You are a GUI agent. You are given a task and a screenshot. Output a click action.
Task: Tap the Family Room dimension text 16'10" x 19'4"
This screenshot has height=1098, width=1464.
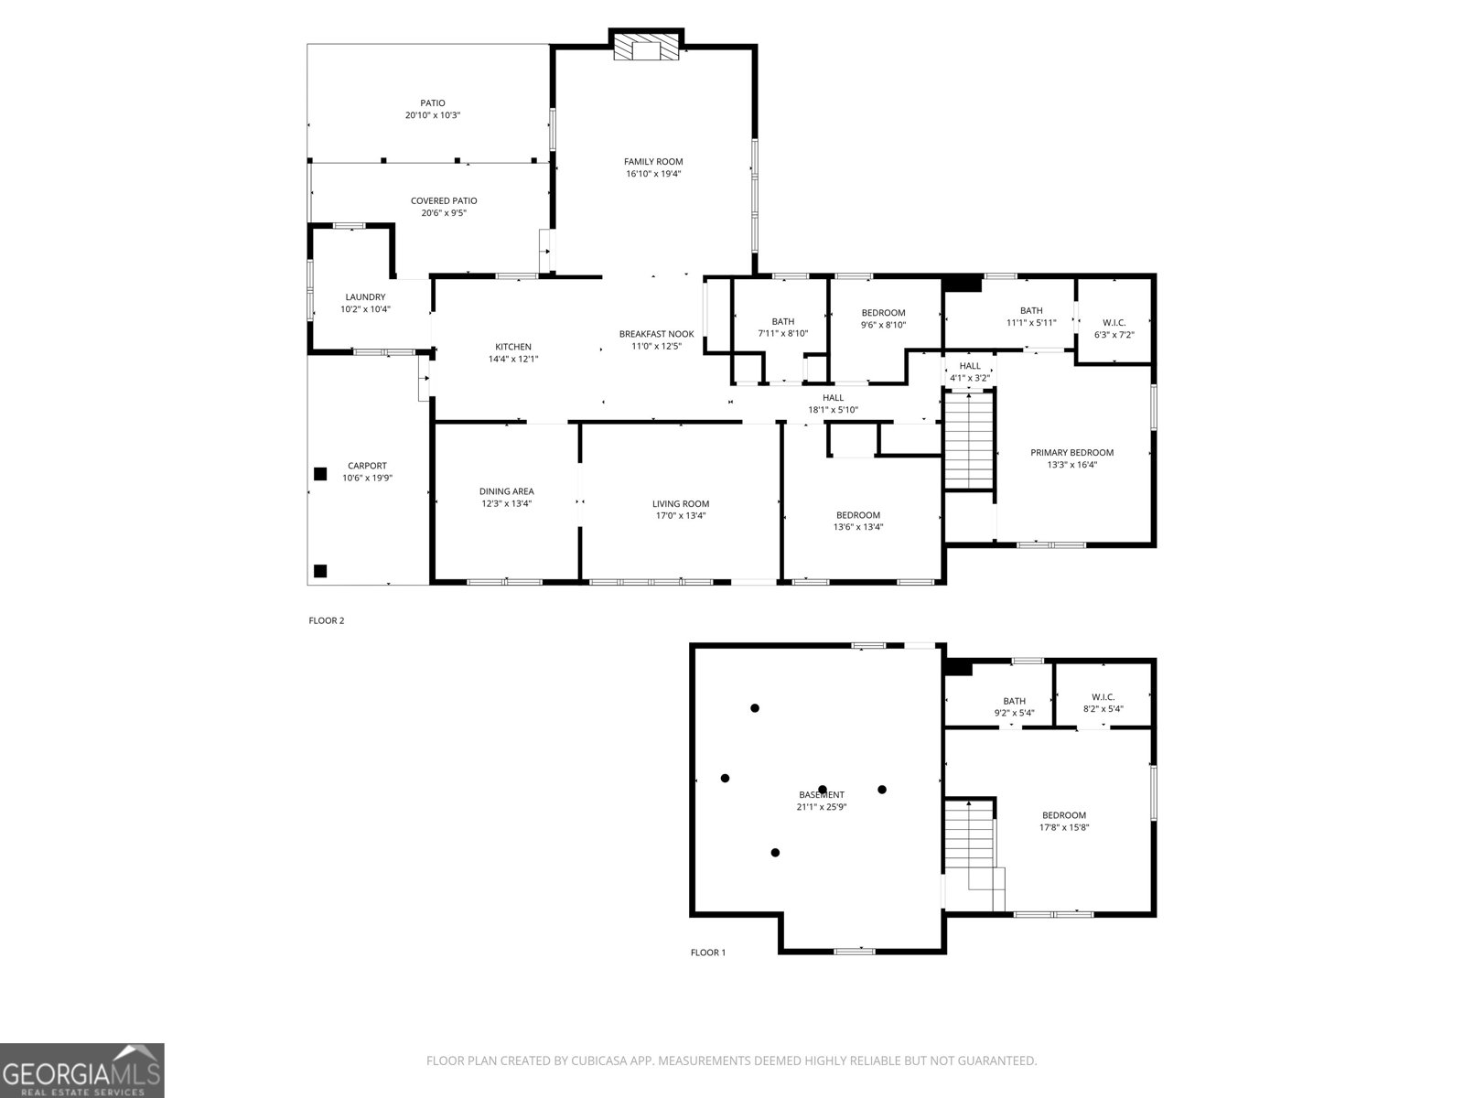[653, 174]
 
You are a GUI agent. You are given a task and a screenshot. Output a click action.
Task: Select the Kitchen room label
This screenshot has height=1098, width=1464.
[513, 347]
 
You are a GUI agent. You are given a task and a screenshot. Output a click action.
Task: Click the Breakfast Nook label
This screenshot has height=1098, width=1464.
[656, 334]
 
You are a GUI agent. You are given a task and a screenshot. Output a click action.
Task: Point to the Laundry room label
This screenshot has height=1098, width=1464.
[365, 296]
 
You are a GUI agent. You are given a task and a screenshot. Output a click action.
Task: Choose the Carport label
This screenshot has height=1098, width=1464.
[367, 466]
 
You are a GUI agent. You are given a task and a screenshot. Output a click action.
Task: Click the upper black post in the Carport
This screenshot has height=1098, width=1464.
[320, 474]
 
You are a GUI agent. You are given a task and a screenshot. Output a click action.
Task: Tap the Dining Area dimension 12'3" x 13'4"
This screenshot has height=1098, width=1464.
[506, 503]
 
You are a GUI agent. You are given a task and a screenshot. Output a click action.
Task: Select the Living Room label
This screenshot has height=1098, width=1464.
[681, 503]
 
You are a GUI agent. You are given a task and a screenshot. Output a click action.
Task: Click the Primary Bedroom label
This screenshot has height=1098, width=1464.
[1071, 452]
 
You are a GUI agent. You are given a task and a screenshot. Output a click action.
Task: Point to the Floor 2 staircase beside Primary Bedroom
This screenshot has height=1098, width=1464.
[969, 439]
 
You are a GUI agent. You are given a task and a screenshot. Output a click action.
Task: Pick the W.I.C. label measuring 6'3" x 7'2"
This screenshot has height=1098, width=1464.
[1114, 322]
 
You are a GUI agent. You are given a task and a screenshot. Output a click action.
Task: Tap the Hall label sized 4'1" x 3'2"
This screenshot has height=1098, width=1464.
[970, 366]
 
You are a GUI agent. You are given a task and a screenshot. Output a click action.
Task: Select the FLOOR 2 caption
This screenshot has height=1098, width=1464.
[326, 620]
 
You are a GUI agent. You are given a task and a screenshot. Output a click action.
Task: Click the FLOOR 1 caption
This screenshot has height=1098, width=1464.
[707, 953]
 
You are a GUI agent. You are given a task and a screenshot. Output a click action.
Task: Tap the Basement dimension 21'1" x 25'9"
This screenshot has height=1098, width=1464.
[821, 807]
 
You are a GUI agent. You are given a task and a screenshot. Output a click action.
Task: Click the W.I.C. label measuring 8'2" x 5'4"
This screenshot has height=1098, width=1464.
[1103, 696]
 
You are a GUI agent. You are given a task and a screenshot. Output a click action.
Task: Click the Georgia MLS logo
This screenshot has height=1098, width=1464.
[82, 1071]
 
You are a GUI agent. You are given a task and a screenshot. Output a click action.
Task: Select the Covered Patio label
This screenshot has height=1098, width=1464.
[444, 200]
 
